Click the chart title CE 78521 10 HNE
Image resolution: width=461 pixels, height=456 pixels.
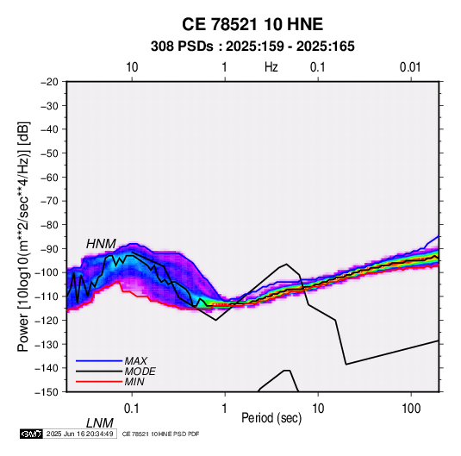252,24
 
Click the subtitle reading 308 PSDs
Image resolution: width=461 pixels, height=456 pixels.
182,47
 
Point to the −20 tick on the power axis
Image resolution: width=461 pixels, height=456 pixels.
49,82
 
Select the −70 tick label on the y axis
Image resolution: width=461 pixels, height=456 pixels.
49,201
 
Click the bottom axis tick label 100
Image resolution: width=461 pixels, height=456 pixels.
411,409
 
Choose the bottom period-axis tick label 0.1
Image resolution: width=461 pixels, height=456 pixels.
132,409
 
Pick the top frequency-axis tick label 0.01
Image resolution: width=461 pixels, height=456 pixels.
410,67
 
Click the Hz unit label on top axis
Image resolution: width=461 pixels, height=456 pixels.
271,67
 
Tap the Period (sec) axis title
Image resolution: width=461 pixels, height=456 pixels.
271,418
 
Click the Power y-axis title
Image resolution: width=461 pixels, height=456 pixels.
23,236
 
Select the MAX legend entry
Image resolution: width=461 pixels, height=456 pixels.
136,360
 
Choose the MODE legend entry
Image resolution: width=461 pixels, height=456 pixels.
140,372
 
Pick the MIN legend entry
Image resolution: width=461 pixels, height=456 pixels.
134,382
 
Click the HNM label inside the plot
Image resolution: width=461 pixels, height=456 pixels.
101,244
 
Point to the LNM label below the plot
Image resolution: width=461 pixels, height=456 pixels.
100,423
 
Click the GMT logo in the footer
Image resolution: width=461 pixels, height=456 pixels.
32,434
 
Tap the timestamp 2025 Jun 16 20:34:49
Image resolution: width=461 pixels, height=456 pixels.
79,434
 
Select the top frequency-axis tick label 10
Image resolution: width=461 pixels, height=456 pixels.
132,67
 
